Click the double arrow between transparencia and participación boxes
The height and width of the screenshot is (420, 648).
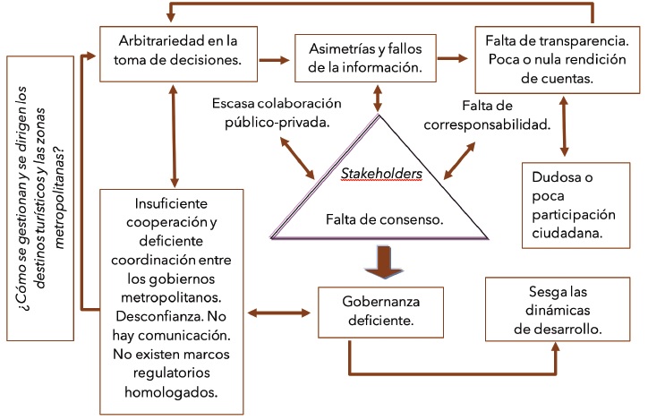[563, 125]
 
